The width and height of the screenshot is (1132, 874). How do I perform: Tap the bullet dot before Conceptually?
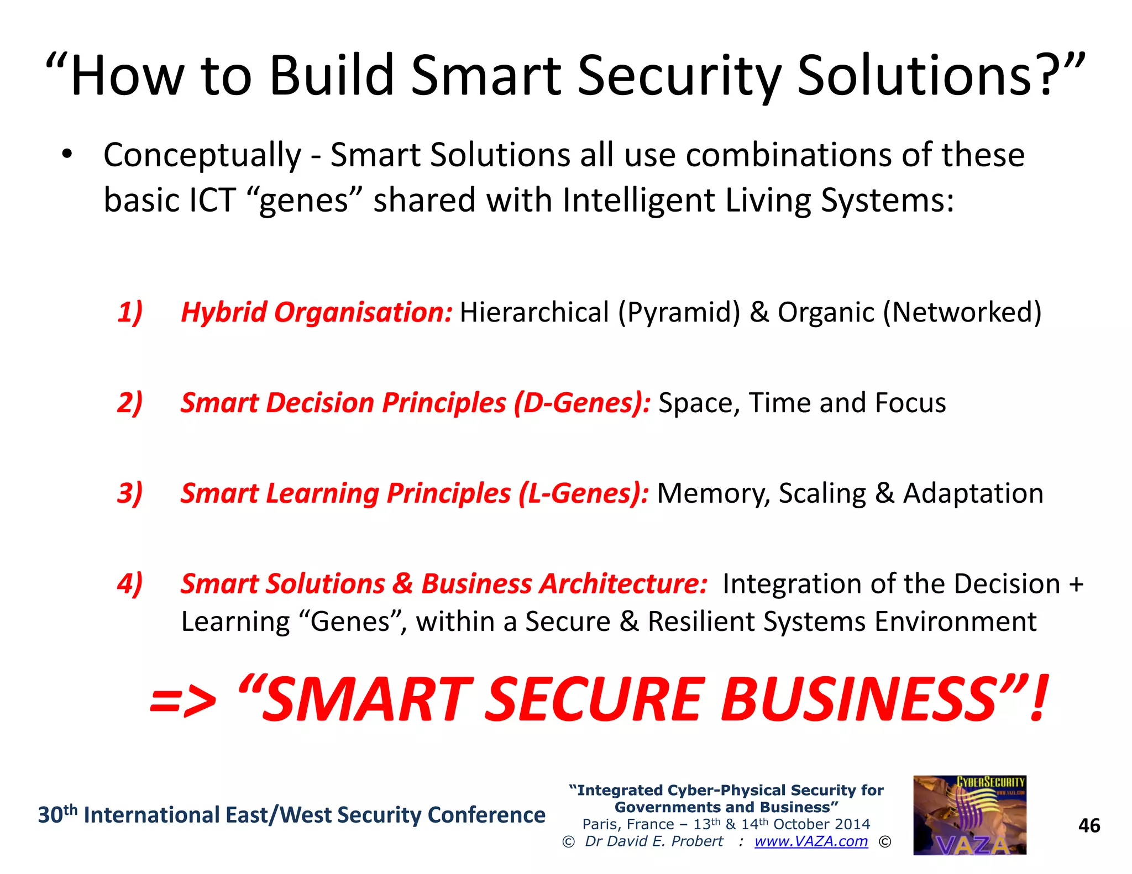[x=67, y=155]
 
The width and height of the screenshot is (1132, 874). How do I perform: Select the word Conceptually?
[x=202, y=155]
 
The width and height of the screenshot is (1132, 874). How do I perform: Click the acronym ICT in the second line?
[x=212, y=200]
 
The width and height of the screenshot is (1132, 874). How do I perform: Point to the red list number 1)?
[x=130, y=312]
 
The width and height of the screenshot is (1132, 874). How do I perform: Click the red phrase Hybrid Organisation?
[x=317, y=312]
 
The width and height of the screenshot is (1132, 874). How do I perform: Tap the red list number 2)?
[x=130, y=403]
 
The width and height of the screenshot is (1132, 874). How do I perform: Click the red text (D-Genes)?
[x=582, y=403]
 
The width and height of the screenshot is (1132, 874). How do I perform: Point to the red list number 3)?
[x=130, y=493]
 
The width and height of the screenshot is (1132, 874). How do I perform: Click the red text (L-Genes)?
[x=584, y=493]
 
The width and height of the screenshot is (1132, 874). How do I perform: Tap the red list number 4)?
[x=130, y=584]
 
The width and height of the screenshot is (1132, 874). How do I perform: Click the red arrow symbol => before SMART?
[x=183, y=702]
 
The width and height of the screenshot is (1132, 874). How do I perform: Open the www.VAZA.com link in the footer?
[x=811, y=841]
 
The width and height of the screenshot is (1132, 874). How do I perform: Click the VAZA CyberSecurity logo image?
[x=969, y=815]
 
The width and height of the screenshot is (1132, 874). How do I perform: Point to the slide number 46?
[x=1089, y=825]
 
